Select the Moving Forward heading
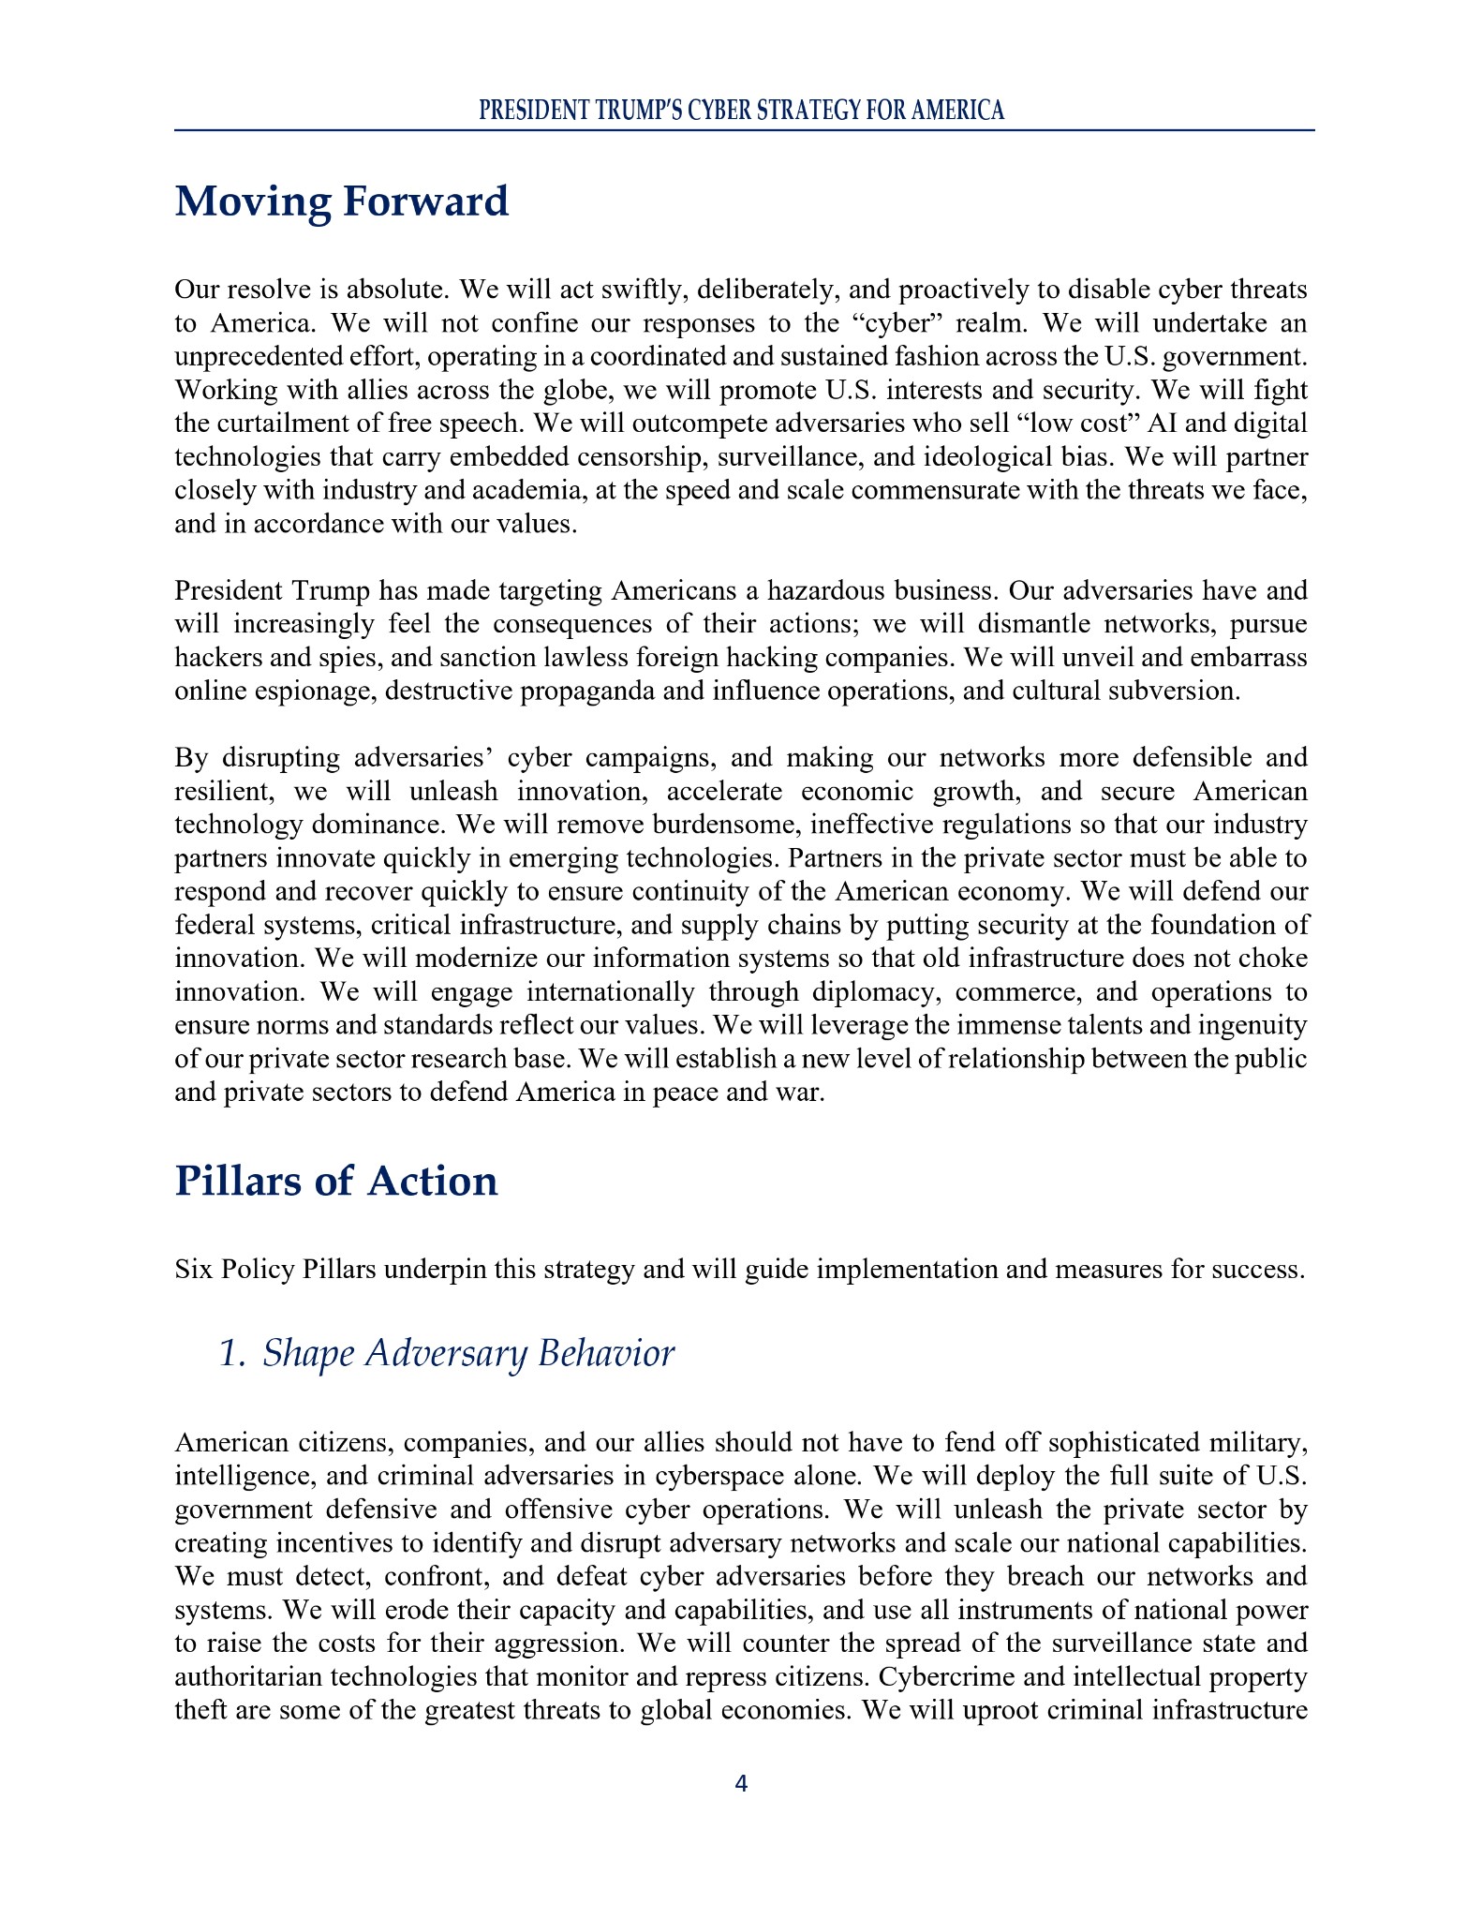pyautogui.click(x=342, y=201)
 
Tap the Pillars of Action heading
pyautogui.click(x=336, y=1181)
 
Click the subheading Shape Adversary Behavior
pyautogui.click(x=446, y=1354)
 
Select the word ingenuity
pyautogui.click(x=1246, y=1026)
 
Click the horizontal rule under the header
pyautogui.click(x=744, y=130)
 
